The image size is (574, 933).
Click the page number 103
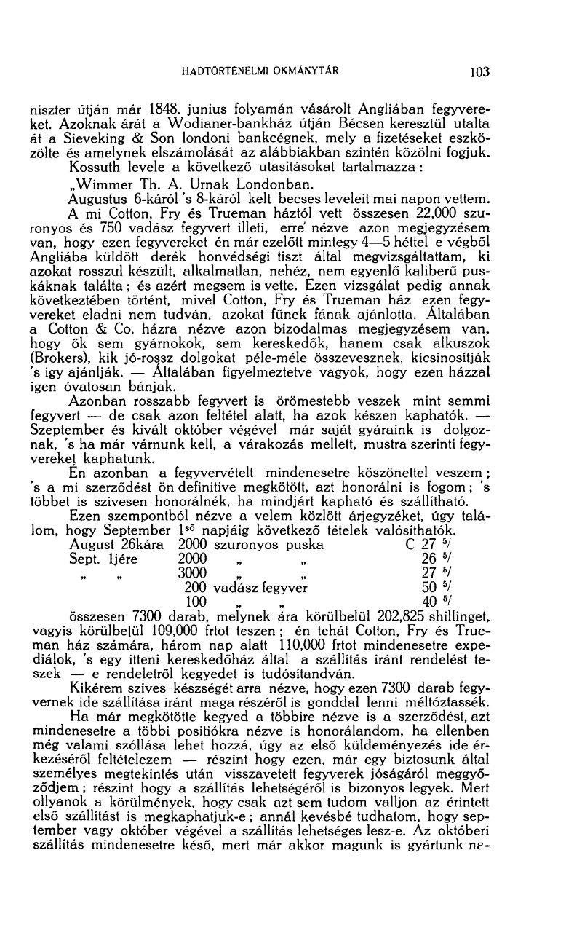pos(480,72)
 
